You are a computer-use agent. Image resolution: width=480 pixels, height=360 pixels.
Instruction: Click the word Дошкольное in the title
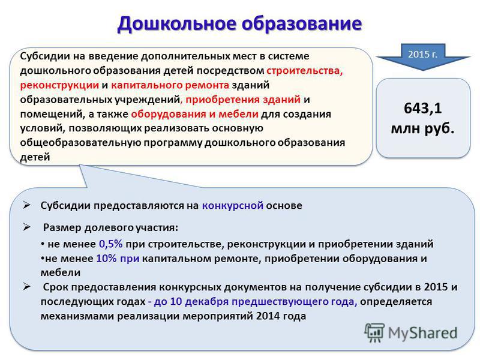click(x=178, y=23)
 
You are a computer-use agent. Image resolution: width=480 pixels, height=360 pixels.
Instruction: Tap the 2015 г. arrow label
click(x=422, y=54)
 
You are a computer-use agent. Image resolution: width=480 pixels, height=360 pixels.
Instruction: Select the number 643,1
click(x=422, y=108)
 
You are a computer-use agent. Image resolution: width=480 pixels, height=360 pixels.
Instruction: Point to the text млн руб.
click(x=422, y=128)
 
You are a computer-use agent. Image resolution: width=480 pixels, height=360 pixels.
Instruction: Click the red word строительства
click(x=305, y=71)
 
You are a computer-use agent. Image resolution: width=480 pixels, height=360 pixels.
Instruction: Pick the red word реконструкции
click(x=59, y=85)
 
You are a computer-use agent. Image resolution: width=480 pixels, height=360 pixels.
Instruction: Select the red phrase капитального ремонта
click(x=170, y=85)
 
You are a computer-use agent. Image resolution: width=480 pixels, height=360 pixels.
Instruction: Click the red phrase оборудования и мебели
click(x=194, y=114)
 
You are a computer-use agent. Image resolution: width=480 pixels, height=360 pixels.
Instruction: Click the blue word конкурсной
click(x=233, y=205)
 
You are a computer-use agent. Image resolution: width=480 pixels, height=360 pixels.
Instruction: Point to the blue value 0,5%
click(x=111, y=244)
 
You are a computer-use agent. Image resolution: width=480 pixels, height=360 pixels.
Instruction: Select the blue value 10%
click(x=106, y=259)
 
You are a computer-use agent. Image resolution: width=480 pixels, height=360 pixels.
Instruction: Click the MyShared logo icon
click(x=374, y=332)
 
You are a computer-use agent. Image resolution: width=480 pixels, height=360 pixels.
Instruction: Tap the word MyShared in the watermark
click(x=423, y=333)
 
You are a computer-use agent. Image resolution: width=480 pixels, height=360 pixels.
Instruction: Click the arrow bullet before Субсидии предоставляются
click(x=26, y=205)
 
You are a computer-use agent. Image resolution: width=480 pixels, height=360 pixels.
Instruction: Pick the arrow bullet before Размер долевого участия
click(x=26, y=227)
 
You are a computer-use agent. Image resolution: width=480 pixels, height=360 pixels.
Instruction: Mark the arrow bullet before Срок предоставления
click(x=26, y=287)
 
